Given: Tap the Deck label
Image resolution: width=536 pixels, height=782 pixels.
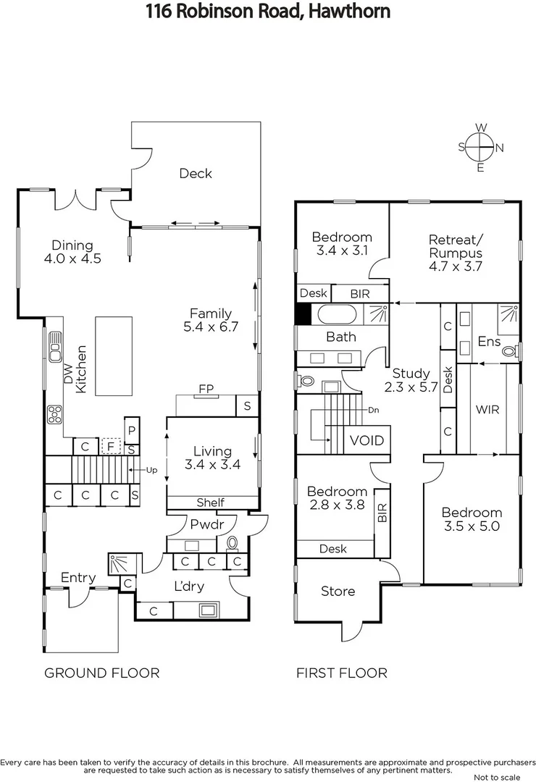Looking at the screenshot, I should pyautogui.click(x=196, y=173).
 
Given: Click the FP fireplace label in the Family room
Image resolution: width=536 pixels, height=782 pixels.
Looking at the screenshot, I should pyautogui.click(x=206, y=388).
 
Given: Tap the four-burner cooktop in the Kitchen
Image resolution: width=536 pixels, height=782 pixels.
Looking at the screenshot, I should pyautogui.click(x=54, y=415).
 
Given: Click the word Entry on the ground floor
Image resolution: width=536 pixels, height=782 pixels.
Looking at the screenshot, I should pyautogui.click(x=78, y=577).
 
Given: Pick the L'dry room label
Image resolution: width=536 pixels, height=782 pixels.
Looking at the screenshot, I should pyautogui.click(x=189, y=586).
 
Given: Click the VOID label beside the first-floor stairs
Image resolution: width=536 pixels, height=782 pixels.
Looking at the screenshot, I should pyautogui.click(x=367, y=440).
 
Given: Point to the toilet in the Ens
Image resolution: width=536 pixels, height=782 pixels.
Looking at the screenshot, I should pyautogui.click(x=511, y=351).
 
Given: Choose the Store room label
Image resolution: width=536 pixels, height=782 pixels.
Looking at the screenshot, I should pyautogui.click(x=338, y=592).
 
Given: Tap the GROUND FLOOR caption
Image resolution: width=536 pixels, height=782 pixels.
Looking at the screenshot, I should pyautogui.click(x=102, y=673).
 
